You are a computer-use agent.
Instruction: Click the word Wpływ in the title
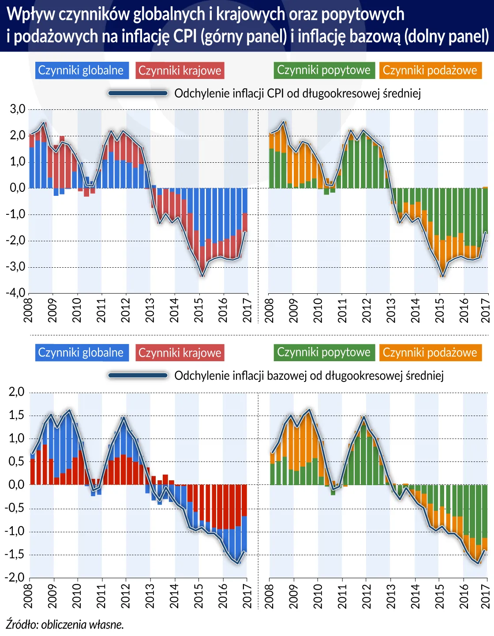tap(30, 15)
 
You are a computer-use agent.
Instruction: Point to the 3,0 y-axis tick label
tap(17, 109)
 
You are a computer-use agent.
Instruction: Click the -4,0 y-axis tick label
tap(15, 293)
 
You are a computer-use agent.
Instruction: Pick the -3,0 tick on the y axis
tap(15, 267)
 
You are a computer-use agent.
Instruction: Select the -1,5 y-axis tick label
tap(15, 554)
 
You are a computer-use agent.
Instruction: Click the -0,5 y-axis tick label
tap(15, 508)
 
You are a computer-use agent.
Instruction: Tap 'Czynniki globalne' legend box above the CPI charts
tap(82, 71)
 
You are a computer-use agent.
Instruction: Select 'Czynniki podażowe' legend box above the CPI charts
tap(430, 71)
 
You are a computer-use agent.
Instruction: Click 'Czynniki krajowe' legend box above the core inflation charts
tap(180, 353)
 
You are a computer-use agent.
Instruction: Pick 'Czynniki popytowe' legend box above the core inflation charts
tap(324, 352)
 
